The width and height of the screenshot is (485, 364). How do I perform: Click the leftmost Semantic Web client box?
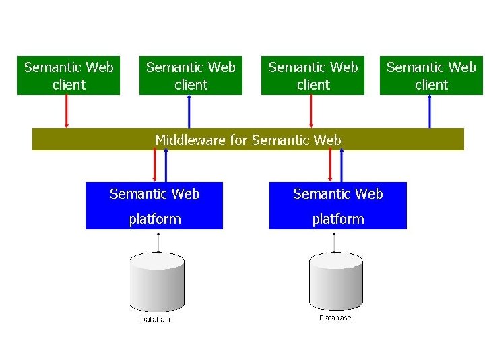68,75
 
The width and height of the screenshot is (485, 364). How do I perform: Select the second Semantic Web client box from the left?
191,75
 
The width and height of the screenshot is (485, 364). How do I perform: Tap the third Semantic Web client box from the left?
313,75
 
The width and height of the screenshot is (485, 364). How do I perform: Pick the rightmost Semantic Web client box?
431,75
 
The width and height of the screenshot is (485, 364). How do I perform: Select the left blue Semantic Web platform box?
154,206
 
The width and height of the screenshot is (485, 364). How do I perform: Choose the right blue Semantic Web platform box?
337,206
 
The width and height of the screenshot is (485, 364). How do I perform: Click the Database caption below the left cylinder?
156,320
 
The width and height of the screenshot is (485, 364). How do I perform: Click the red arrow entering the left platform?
155,165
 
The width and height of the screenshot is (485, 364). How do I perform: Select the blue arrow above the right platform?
342,165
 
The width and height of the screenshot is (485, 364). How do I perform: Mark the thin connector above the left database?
158,241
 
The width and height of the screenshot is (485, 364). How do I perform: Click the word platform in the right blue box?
337,219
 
